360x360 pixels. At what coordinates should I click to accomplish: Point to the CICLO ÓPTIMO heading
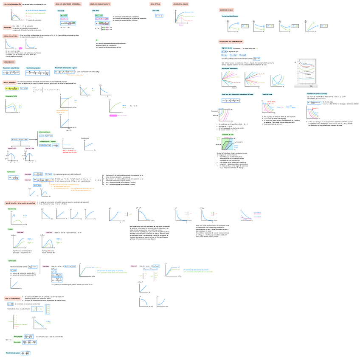point(156,4)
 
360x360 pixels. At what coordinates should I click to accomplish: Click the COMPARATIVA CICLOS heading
point(180,4)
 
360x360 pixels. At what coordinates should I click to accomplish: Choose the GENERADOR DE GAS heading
point(227,9)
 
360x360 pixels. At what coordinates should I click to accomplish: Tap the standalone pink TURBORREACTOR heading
point(10,62)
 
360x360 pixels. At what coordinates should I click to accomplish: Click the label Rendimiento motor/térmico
point(11,67)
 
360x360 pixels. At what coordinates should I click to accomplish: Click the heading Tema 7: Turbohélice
point(9,82)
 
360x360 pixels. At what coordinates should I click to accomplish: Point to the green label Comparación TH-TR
point(12,96)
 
